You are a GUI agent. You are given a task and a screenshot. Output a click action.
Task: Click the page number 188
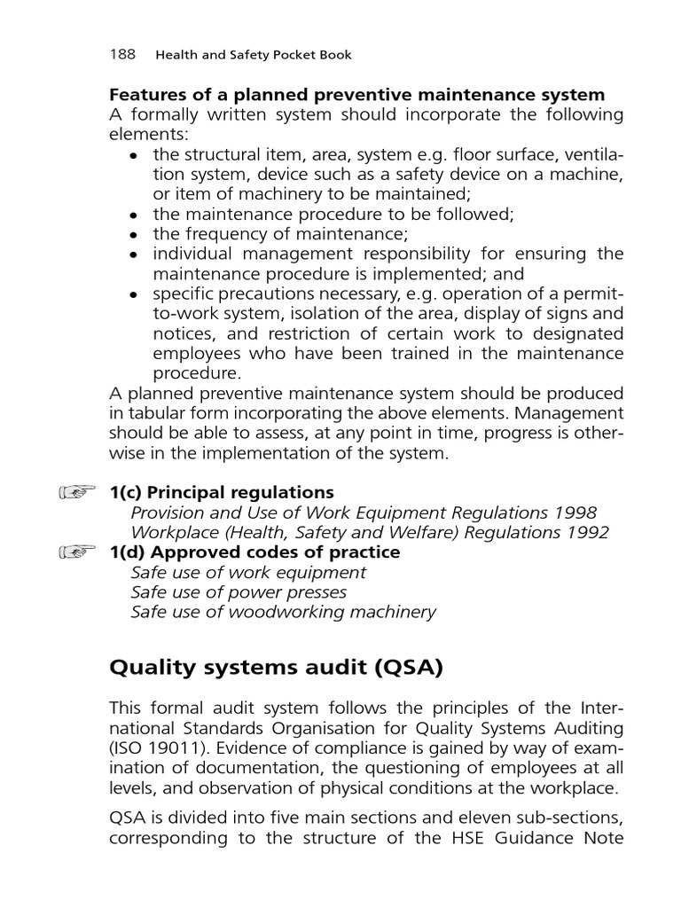point(121,54)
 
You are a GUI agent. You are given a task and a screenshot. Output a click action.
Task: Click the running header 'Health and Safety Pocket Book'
point(254,55)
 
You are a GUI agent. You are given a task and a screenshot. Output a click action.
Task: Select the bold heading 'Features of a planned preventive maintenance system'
point(356,95)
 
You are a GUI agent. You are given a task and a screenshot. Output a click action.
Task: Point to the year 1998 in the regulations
point(576,513)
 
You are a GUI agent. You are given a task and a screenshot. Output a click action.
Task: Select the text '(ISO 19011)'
point(153,747)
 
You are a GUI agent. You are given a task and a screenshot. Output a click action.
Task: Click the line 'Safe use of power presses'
point(239,592)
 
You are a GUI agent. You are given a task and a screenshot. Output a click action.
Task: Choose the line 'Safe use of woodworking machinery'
point(283,613)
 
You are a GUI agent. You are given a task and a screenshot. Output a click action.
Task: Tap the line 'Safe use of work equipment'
point(248,573)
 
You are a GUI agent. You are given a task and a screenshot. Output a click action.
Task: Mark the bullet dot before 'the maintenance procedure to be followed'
point(134,215)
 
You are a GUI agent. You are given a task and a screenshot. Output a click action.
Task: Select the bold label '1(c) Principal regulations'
point(221,492)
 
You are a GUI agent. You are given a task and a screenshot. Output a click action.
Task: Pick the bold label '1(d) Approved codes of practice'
point(254,552)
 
